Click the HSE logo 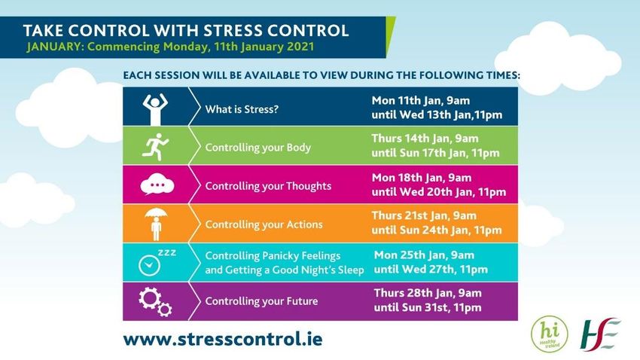pyautogui.click(x=600, y=334)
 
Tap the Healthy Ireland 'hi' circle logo pyautogui.click(x=550, y=334)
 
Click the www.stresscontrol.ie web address pyautogui.click(x=223, y=339)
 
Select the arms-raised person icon pyautogui.click(x=155, y=109)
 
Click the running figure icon pyautogui.click(x=155, y=147)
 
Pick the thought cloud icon pyautogui.click(x=157, y=185)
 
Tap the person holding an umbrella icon pyautogui.click(x=156, y=224)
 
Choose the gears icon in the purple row pyautogui.click(x=155, y=302)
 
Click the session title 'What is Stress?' pyautogui.click(x=242, y=109)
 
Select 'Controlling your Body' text pyautogui.click(x=258, y=148)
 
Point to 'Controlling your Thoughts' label pyautogui.click(x=268, y=186)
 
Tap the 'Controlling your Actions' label pyautogui.click(x=264, y=224)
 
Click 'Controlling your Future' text pyautogui.click(x=261, y=301)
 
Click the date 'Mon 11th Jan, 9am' pyautogui.click(x=420, y=100)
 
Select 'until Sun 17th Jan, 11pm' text pyautogui.click(x=435, y=153)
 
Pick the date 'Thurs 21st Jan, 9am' pyautogui.click(x=424, y=215)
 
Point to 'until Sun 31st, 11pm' pyautogui.click(x=428, y=307)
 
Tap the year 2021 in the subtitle pyautogui.click(x=300, y=47)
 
